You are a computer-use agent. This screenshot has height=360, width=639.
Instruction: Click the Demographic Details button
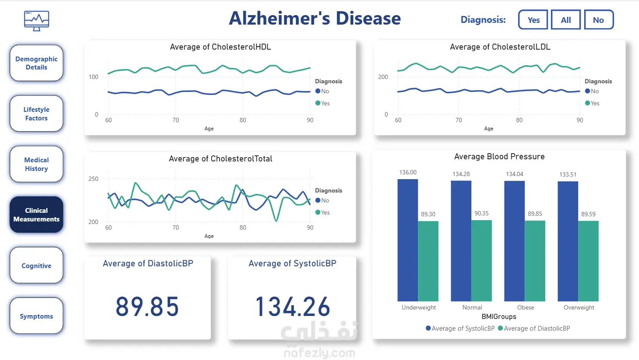point(36,63)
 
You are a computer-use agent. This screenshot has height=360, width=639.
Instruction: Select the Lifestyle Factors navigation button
point(36,114)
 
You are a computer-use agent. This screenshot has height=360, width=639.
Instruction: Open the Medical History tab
point(36,164)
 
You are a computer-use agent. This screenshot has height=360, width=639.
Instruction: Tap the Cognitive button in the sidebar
point(36,265)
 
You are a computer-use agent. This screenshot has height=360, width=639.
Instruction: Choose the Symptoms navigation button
point(36,316)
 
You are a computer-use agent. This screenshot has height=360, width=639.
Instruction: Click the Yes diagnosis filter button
point(533,20)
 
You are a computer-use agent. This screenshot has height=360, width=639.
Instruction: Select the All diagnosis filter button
point(566,20)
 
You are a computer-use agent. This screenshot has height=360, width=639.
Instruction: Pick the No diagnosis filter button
point(598,20)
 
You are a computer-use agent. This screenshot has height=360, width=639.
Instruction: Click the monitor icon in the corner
point(37,21)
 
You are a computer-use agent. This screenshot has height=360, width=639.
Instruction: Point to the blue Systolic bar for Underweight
point(408,240)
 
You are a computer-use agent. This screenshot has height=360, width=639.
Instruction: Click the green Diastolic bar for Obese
point(535,261)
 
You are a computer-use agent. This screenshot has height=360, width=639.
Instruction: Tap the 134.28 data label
point(461,174)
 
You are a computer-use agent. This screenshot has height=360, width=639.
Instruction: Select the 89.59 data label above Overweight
point(588,214)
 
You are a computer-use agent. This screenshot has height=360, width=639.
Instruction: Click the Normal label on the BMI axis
point(472,307)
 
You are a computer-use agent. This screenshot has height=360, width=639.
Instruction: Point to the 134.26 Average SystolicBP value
point(293,307)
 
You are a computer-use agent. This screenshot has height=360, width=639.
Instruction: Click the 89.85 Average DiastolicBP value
point(147,307)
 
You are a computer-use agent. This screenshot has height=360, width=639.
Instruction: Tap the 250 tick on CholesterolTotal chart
point(93,179)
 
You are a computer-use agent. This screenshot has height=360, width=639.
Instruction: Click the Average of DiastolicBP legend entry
point(534,328)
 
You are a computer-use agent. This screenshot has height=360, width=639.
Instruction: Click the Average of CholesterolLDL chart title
point(500,47)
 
